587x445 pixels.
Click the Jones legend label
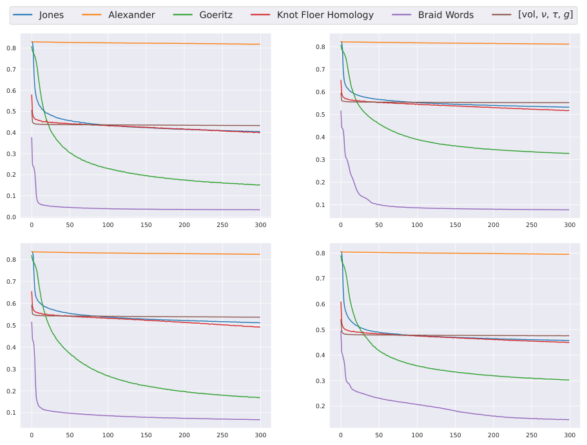pyautogui.click(x=51, y=15)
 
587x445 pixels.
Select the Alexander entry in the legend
pyautogui.click(x=131, y=15)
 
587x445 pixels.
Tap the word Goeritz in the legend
pyautogui.click(x=217, y=15)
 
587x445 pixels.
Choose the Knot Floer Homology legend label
pyautogui.click(x=325, y=15)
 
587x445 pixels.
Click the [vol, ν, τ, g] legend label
pyautogui.click(x=545, y=15)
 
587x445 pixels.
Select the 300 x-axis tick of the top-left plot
pyautogui.click(x=261, y=225)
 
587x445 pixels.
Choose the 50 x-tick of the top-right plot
pyautogui.click(x=379, y=225)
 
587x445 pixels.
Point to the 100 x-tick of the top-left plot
pyautogui.click(x=108, y=225)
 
